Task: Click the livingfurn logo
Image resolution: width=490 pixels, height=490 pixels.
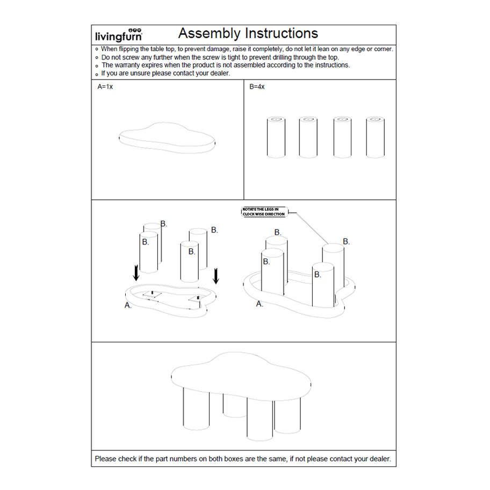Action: tap(118, 35)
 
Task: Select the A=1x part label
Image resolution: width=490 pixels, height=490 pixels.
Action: tap(105, 87)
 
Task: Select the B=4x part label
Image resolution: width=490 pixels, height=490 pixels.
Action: tap(257, 87)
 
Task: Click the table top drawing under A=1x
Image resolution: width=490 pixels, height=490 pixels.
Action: tap(167, 138)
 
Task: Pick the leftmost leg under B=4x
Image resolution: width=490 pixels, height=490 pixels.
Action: tap(276, 137)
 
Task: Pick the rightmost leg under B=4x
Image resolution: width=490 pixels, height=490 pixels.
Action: tap(376, 137)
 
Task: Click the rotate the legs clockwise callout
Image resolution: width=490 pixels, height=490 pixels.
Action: tap(264, 212)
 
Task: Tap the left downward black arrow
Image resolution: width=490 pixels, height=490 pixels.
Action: tap(136, 273)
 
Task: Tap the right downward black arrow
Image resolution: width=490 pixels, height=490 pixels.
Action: tap(215, 276)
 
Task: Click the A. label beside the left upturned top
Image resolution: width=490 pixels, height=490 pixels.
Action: tap(128, 305)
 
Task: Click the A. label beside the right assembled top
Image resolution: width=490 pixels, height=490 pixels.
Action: tap(260, 304)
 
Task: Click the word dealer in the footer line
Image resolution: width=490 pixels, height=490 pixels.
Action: tap(380, 459)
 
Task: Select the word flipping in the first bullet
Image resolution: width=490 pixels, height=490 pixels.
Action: tap(129, 49)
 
